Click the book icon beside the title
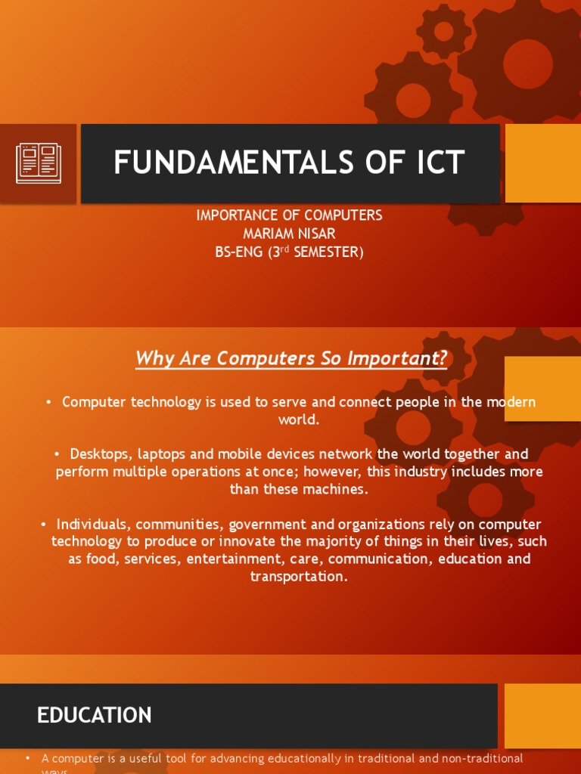pyautogui.click(x=39, y=163)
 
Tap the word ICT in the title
pyautogui.click(x=434, y=163)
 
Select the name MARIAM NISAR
pyautogui.click(x=290, y=234)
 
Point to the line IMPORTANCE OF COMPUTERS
pyautogui.click(x=290, y=215)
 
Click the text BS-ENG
pyautogui.click(x=238, y=252)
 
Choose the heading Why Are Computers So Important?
pyautogui.click(x=291, y=358)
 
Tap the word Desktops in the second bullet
pyautogui.click(x=98, y=454)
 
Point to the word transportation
pyautogui.click(x=299, y=577)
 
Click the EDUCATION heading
pyautogui.click(x=95, y=715)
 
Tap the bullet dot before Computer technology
pyautogui.click(x=49, y=403)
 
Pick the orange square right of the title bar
pyautogui.click(x=542, y=163)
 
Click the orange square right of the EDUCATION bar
pyautogui.click(x=542, y=715)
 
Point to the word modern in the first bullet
pyautogui.click(x=510, y=402)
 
